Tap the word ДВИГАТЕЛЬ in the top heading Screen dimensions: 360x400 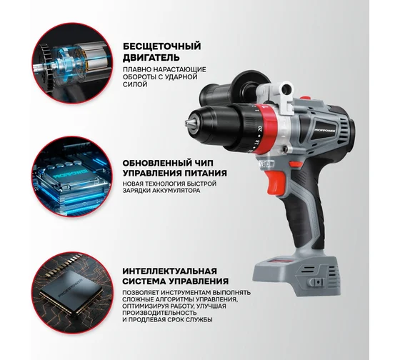pyautogui.click(x=152, y=57)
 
